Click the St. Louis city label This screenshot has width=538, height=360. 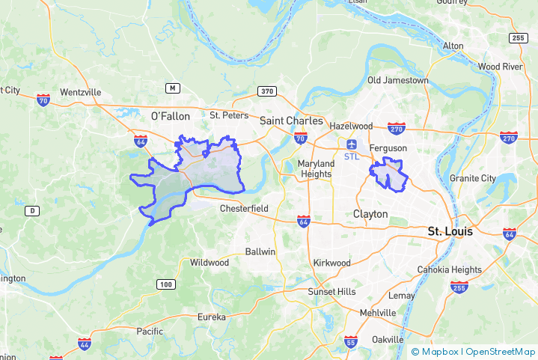tap(450, 232)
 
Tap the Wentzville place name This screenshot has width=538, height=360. tap(80, 92)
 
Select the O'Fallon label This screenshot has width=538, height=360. tap(171, 116)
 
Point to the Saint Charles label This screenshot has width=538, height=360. tap(291, 120)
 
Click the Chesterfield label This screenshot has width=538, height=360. tap(244, 208)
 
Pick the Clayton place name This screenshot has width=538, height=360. tap(370, 214)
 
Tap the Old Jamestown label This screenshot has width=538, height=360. tap(397, 80)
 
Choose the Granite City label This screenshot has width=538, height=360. tap(472, 178)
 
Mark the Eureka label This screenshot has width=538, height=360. tap(211, 317)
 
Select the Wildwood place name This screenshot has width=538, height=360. tap(210, 263)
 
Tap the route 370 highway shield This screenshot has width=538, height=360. tap(267, 91)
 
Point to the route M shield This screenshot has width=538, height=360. tap(173, 88)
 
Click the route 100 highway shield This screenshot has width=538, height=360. tap(166, 284)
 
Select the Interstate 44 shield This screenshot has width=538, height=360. tap(85, 344)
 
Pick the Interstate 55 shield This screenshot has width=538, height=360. tap(351, 342)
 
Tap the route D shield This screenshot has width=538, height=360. tap(32, 211)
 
